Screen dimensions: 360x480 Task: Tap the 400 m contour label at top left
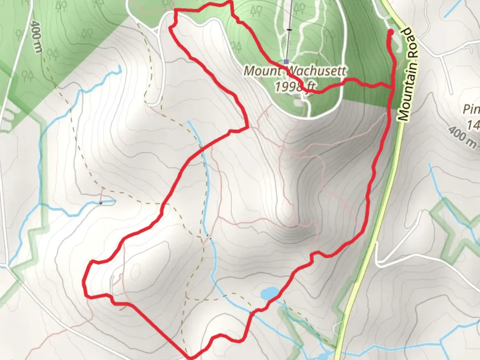coord(36,37)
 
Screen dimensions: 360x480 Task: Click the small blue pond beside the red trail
coord(270,293)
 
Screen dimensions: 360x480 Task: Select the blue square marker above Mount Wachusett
coord(286,62)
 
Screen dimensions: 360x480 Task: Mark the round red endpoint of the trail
coord(390,32)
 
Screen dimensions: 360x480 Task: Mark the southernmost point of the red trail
coord(190,358)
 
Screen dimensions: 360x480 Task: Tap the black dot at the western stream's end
coord(101,202)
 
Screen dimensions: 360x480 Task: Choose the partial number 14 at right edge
coord(473,125)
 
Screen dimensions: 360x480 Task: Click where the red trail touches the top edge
coord(229,2)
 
